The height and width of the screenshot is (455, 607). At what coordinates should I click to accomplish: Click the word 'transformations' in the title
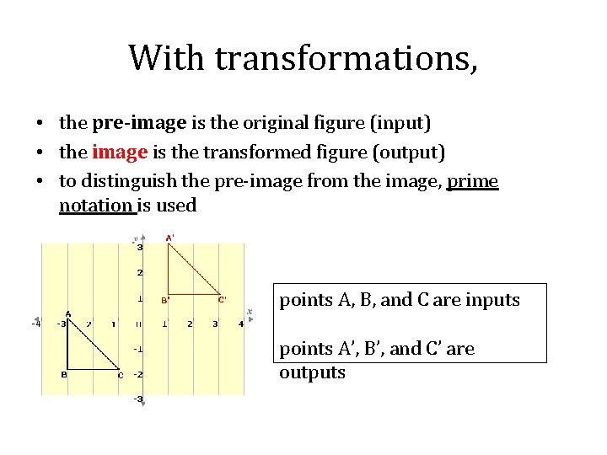pyautogui.click(x=346, y=57)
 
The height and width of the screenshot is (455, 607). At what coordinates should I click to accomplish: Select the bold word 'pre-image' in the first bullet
pyautogui.click(x=139, y=123)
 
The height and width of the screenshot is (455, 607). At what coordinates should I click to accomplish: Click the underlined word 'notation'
pyautogui.click(x=97, y=205)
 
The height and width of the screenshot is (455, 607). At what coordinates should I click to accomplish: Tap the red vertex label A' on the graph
pyautogui.click(x=169, y=238)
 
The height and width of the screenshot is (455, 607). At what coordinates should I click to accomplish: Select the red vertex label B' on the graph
pyautogui.click(x=166, y=300)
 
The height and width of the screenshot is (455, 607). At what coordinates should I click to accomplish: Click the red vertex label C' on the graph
pyautogui.click(x=222, y=299)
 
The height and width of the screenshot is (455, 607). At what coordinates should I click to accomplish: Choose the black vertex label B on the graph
pyautogui.click(x=63, y=375)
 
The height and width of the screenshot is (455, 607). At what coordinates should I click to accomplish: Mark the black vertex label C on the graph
pyautogui.click(x=121, y=375)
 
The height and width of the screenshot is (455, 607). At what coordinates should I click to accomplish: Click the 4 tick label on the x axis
pyautogui.click(x=241, y=324)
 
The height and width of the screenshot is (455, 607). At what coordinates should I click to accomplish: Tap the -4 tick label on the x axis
pyautogui.click(x=35, y=323)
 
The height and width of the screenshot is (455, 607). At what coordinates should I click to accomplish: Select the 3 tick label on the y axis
pyautogui.click(x=140, y=247)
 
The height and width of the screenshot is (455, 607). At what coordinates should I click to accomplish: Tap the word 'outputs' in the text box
pyautogui.click(x=312, y=372)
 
